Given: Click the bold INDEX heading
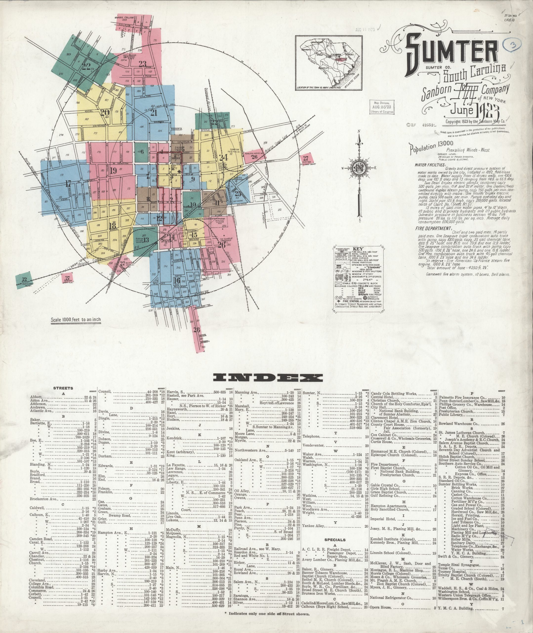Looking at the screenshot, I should (268, 378).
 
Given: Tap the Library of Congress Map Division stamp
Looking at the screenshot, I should (381, 107).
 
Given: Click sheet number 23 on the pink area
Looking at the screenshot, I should (142, 64).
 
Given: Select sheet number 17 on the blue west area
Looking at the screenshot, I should (68, 183).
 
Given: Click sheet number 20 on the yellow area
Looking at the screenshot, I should (105, 113).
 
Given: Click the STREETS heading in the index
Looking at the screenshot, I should (63, 388).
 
